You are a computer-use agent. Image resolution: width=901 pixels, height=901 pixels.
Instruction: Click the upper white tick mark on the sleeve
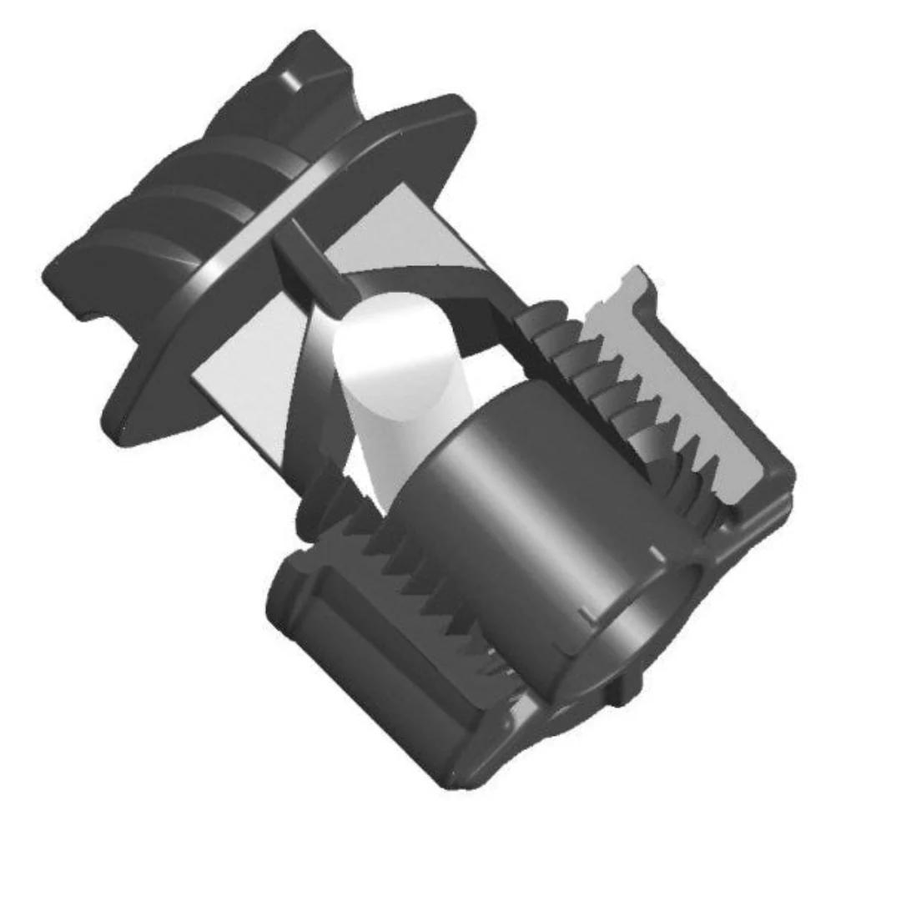(657, 552)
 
